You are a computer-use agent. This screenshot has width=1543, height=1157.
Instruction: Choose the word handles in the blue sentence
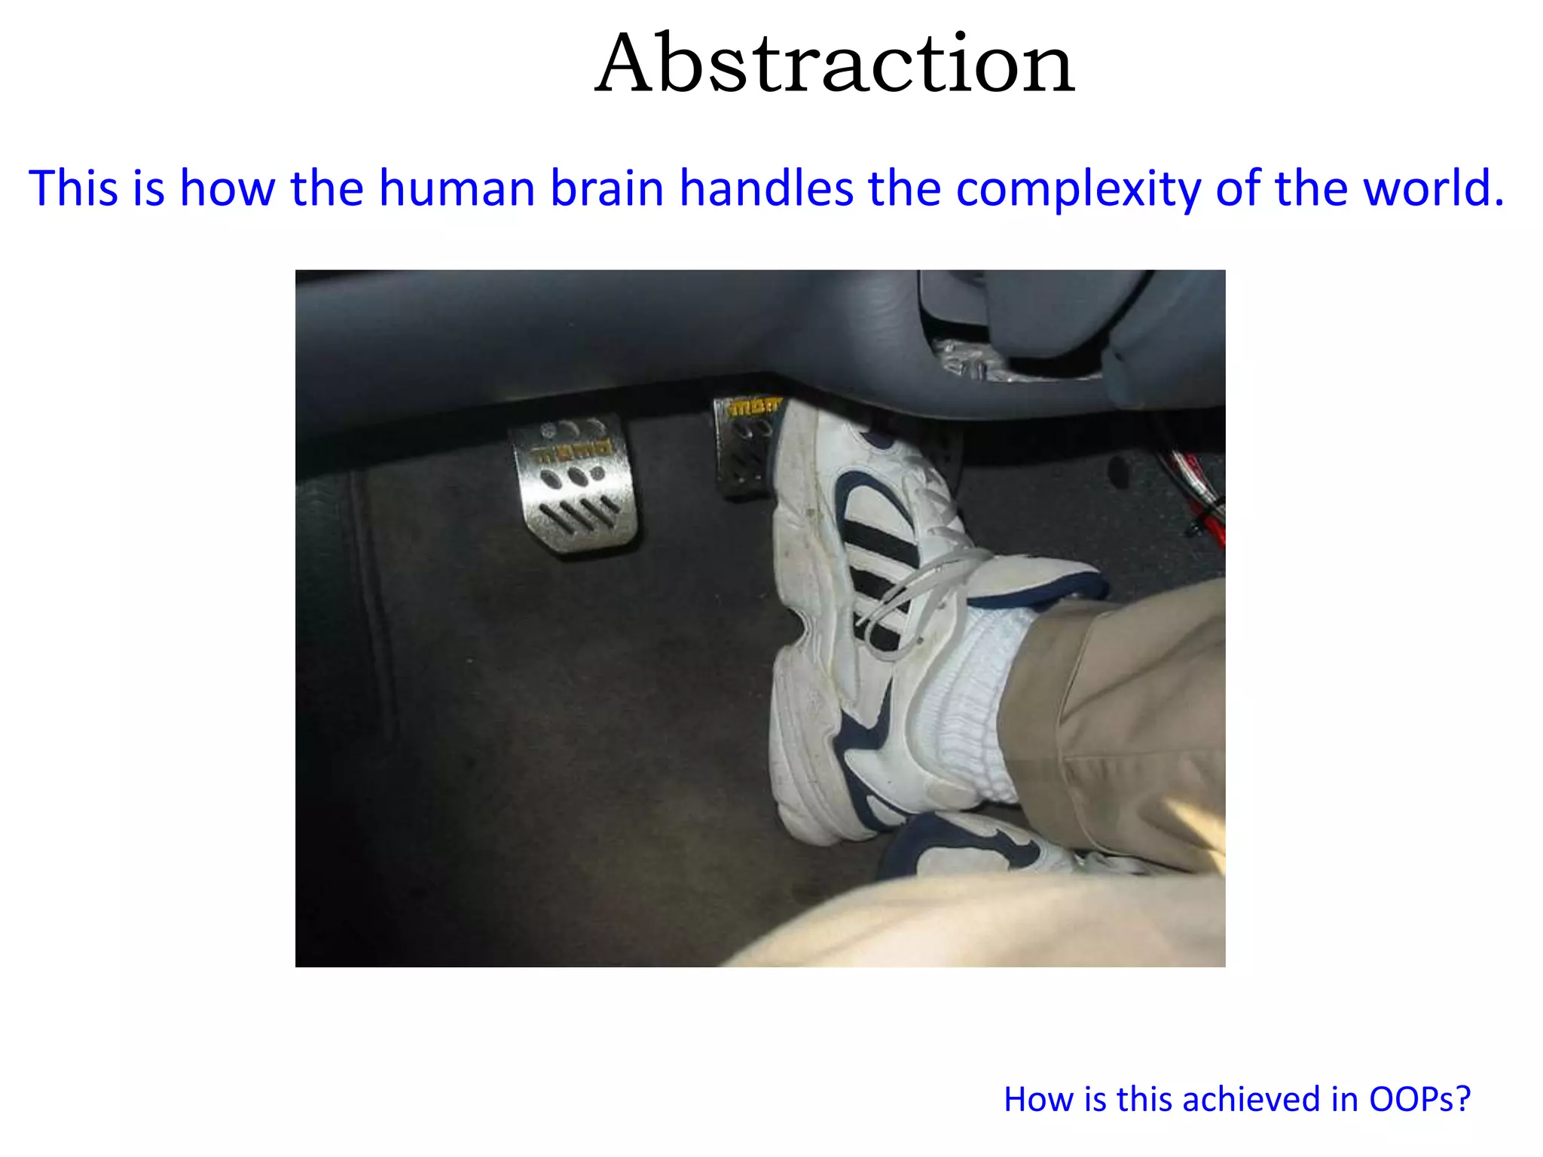(765, 188)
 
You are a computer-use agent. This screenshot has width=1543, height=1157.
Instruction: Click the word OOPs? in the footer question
(1419, 1100)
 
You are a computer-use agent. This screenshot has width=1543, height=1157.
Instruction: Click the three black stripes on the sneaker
(878, 557)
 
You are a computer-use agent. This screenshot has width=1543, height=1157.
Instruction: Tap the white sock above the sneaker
(972, 701)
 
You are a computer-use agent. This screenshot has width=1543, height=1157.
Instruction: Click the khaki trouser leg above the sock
(1115, 716)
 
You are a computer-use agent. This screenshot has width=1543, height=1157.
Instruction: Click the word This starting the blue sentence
(74, 188)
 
